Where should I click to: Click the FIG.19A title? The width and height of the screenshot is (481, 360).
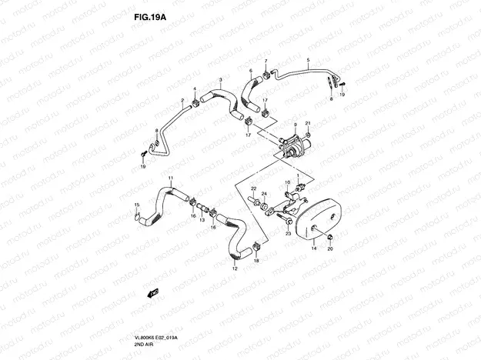[145, 15]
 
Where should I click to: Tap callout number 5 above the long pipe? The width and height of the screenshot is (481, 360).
[308, 60]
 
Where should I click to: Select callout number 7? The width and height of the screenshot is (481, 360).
[267, 62]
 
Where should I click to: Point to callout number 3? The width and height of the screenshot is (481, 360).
[221, 80]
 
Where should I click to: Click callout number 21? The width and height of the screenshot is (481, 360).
[307, 123]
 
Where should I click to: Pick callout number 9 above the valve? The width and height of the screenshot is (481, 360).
[296, 115]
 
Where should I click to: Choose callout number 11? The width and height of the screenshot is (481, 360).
[172, 179]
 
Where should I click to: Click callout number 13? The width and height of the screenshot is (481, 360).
[202, 220]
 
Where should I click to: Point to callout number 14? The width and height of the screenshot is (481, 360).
[314, 249]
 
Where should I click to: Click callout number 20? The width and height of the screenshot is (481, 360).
[330, 249]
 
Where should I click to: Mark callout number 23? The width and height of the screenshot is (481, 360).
[288, 231]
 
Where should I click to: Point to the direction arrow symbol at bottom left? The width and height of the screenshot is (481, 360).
[154, 292]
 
